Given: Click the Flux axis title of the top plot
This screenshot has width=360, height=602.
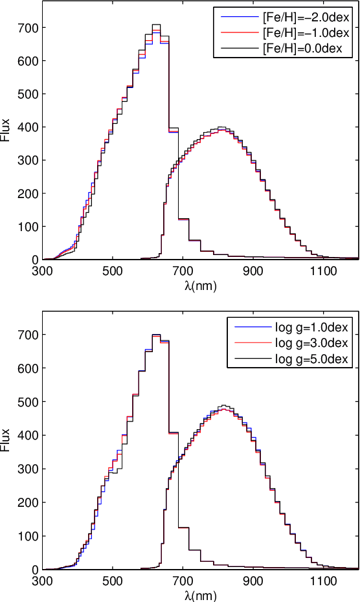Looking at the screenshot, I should [x=6, y=129].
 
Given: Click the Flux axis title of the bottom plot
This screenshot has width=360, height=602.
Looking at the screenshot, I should [x=6, y=440].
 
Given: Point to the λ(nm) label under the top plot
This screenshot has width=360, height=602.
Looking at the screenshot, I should [x=200, y=284].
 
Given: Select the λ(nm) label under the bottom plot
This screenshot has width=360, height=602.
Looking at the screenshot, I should [x=200, y=594].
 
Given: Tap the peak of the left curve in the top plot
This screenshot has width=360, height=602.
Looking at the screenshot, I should [x=156, y=25].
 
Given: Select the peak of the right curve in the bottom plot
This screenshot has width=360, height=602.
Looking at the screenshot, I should [x=223, y=406].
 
